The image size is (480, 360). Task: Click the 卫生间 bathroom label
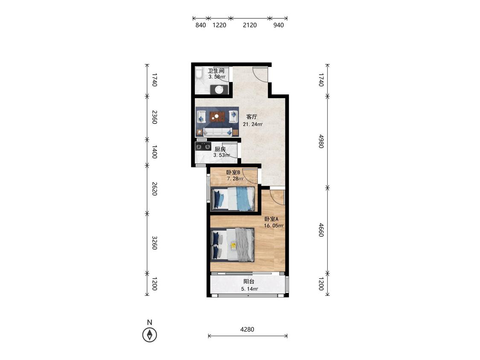coord(216,71)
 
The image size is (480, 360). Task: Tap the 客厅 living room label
coord(252,117)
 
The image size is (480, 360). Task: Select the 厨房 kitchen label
coord(220,149)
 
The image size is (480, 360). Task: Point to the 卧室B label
coord(233,172)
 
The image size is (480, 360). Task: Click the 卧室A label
coord(271,219)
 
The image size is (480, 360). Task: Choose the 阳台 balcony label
coord(249,282)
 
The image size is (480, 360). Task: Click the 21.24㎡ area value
coord(253,124)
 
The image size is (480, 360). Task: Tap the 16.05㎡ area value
coord(273,226)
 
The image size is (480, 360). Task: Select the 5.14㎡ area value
coord(250,289)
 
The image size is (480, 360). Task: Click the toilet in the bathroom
coord(199,73)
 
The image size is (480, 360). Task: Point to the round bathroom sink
coord(219,90)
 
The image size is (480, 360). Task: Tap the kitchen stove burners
coord(203,147)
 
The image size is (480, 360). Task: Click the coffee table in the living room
coord(217,116)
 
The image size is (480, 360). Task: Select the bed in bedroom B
coord(233,199)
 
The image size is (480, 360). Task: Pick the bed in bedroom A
coord(233,244)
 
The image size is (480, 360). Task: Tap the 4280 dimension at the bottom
coord(247,329)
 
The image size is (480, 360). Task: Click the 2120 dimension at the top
coord(250,25)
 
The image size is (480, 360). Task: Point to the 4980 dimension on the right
coord(321,141)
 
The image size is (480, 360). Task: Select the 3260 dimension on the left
coord(154,243)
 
